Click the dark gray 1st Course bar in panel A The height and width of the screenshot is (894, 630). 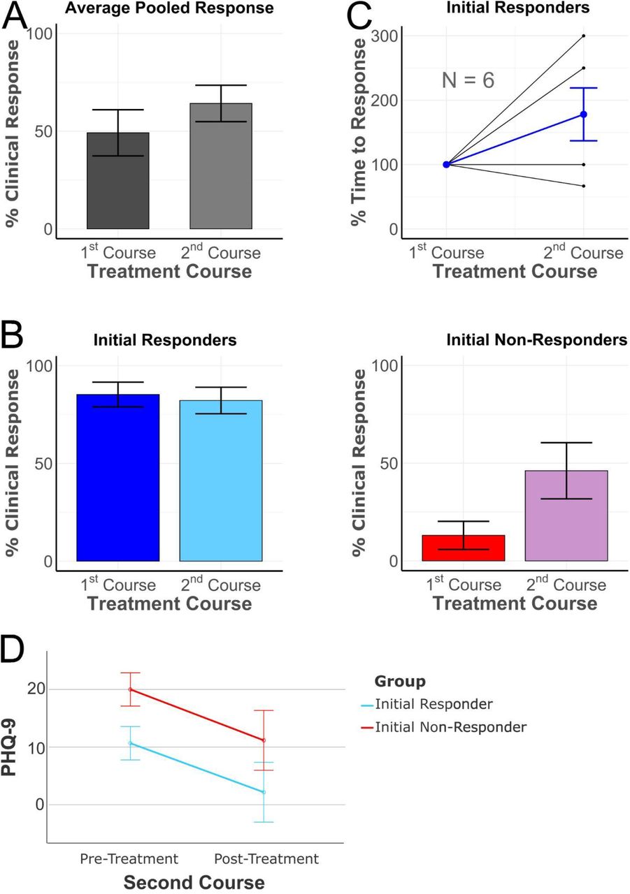(x=118, y=180)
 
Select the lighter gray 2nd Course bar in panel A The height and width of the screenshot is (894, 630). (x=220, y=166)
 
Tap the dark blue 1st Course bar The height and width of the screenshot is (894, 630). (x=118, y=477)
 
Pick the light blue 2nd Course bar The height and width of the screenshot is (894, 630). (x=220, y=481)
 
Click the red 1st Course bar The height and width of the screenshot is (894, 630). (x=464, y=548)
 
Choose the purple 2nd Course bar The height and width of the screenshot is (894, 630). (x=566, y=515)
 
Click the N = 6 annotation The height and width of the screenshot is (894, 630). (x=468, y=80)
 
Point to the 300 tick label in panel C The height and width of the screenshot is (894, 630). (x=385, y=36)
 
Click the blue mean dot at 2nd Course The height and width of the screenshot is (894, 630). (x=583, y=115)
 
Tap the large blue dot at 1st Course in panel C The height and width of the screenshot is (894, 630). (x=446, y=164)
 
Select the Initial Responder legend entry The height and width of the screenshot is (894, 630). (x=427, y=704)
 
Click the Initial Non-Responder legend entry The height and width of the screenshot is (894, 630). (x=443, y=727)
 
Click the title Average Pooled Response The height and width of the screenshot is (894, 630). (x=169, y=8)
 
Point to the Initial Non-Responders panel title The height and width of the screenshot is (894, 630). (x=536, y=340)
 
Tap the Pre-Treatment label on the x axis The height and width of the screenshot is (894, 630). (x=129, y=858)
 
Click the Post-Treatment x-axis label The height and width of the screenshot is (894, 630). (x=266, y=858)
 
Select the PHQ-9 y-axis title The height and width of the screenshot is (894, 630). (x=9, y=747)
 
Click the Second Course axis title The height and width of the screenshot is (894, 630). (x=194, y=882)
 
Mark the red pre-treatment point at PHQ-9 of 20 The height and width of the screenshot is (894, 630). (x=130, y=689)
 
